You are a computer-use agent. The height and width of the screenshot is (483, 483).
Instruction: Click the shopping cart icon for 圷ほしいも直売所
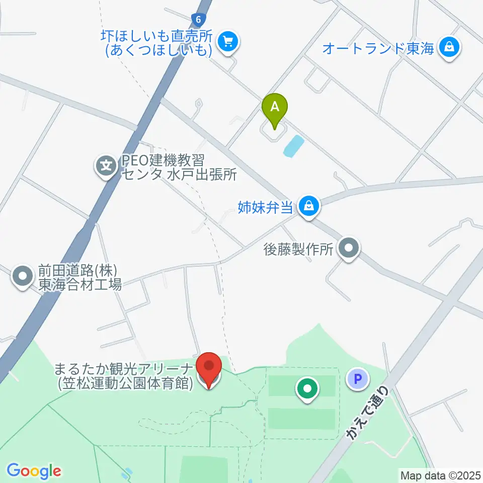point(228,41)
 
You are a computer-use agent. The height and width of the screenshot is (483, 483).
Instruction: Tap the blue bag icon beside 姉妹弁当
point(308,206)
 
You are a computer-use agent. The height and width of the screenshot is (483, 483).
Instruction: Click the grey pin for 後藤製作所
point(348,249)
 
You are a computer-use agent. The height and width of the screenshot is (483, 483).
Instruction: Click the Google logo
point(33,471)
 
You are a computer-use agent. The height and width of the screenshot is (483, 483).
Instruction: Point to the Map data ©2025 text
point(440,474)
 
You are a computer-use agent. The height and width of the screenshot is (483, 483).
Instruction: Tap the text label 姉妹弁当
point(265,206)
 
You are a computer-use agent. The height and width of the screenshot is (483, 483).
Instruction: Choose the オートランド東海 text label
point(378,49)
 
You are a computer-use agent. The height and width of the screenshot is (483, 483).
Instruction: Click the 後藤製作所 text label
point(299,249)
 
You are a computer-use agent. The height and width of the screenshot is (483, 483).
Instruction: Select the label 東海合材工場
point(80,285)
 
